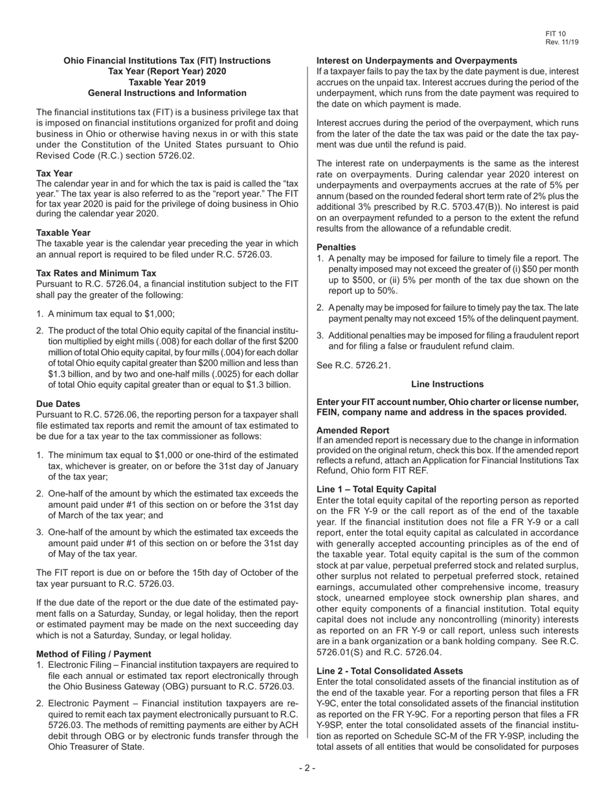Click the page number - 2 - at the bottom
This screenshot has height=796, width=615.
click(x=307, y=768)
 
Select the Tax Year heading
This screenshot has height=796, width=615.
click(x=54, y=173)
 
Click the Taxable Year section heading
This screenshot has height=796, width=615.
click(x=63, y=232)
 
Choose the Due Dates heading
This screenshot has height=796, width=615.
click(x=58, y=404)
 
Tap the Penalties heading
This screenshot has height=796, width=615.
click(x=336, y=247)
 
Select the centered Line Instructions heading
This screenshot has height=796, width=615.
click(x=447, y=384)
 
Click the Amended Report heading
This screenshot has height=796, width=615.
click(x=353, y=430)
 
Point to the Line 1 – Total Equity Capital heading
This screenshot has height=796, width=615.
click(x=376, y=489)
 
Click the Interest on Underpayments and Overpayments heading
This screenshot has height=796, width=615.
click(x=417, y=60)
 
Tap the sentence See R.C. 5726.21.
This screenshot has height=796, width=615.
click(x=353, y=366)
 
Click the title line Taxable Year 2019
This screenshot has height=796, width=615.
click(x=167, y=82)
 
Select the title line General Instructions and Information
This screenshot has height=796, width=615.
click(x=167, y=93)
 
